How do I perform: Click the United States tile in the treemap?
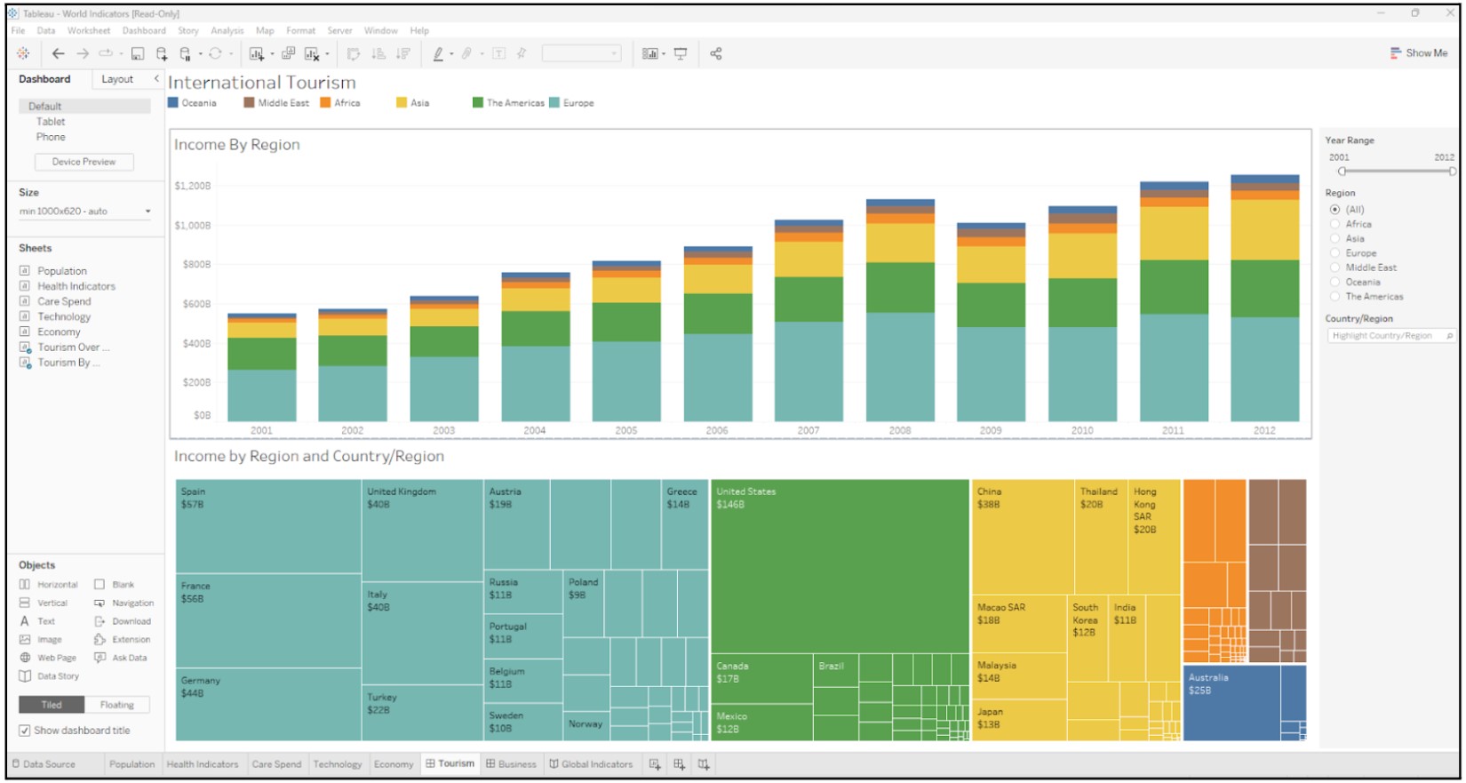(840, 569)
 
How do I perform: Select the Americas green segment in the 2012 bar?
(1264, 288)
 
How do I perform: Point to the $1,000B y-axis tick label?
(193, 226)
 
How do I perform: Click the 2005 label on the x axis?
(626, 430)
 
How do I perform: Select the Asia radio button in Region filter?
(1335, 239)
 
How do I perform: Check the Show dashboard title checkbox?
(25, 731)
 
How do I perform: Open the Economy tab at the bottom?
(394, 764)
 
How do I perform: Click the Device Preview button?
(84, 162)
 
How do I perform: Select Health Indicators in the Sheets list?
(76, 286)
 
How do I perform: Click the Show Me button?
(1419, 53)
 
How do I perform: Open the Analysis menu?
(227, 30)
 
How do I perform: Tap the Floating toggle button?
(116, 705)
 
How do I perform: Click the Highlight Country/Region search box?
(1386, 336)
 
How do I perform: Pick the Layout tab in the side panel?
(117, 79)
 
